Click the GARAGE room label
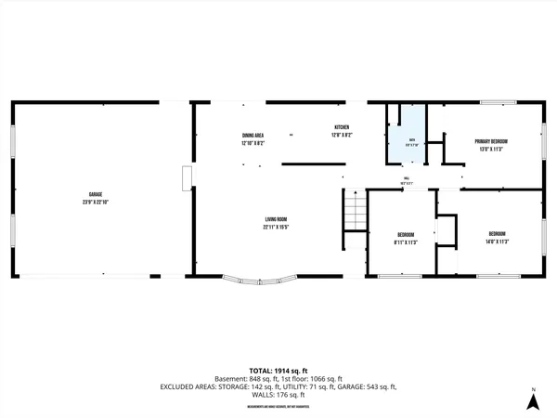(96, 194)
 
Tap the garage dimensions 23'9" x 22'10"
(96, 202)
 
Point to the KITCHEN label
(342, 127)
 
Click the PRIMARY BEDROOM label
(491, 141)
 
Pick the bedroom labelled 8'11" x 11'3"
(406, 238)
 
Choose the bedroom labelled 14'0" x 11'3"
(497, 237)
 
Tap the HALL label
(406, 178)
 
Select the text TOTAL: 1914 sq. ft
(278, 371)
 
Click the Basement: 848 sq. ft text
(245, 379)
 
